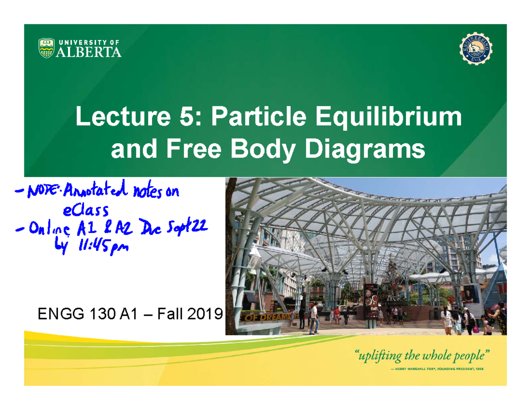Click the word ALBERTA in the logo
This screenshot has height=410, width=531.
(x=88, y=52)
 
